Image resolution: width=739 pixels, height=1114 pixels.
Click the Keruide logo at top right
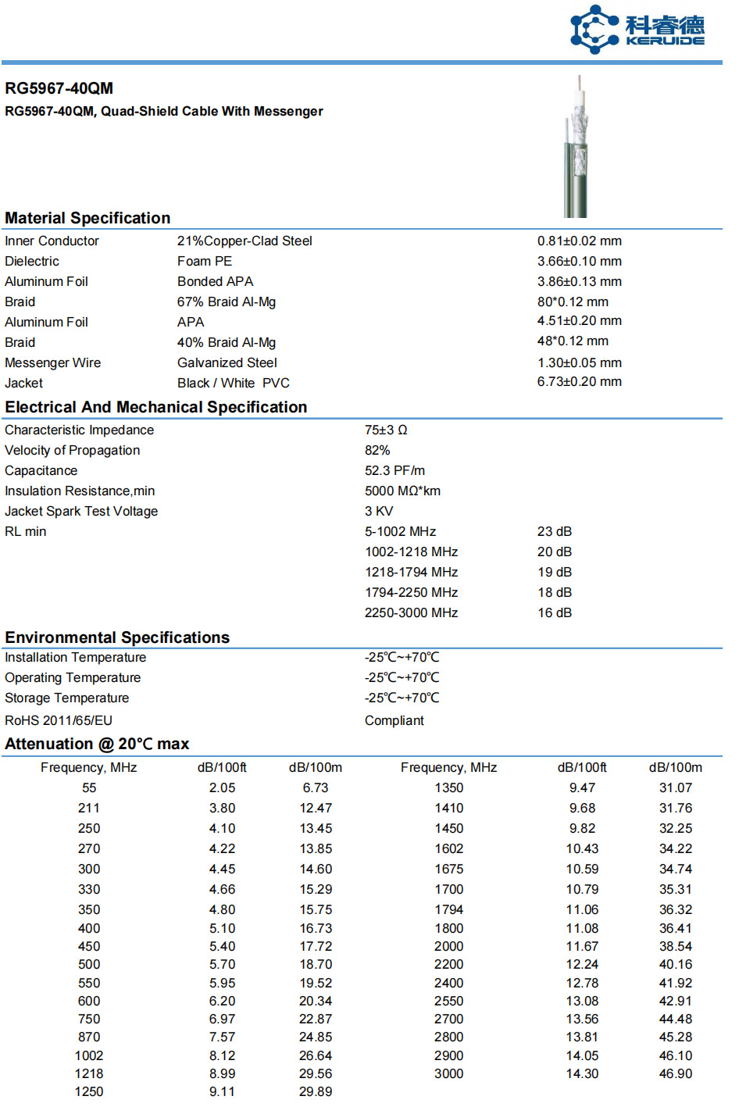coord(637,30)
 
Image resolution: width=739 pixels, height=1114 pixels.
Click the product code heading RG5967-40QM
coord(59,88)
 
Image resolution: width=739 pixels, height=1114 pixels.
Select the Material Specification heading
coord(87,218)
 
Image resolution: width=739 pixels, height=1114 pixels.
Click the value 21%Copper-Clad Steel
coord(245,241)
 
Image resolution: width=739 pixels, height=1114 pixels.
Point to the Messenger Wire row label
coord(52,362)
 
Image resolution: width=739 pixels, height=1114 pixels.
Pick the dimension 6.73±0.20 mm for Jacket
coord(579,381)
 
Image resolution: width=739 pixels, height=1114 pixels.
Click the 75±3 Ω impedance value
coord(386,430)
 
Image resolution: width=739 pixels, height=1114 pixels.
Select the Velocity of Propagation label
coord(72,450)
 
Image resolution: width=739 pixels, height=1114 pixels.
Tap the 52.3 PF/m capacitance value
coord(394,470)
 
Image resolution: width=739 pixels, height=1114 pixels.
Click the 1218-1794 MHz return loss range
coord(411,572)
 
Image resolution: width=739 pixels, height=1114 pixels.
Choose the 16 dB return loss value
coord(554,612)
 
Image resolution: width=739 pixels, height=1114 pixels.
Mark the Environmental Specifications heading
coord(117,637)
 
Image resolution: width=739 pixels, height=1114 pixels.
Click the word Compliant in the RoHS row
coord(394,720)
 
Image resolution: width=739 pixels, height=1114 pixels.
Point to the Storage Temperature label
coord(66,698)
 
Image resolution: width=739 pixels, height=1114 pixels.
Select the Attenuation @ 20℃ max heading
coord(97,744)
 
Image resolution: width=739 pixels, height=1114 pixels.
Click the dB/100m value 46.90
coord(675,1073)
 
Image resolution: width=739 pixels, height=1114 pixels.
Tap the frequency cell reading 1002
coord(89,1055)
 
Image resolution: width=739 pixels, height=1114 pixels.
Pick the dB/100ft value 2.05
coord(222,787)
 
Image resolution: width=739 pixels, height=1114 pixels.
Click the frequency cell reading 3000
coord(448,1073)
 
